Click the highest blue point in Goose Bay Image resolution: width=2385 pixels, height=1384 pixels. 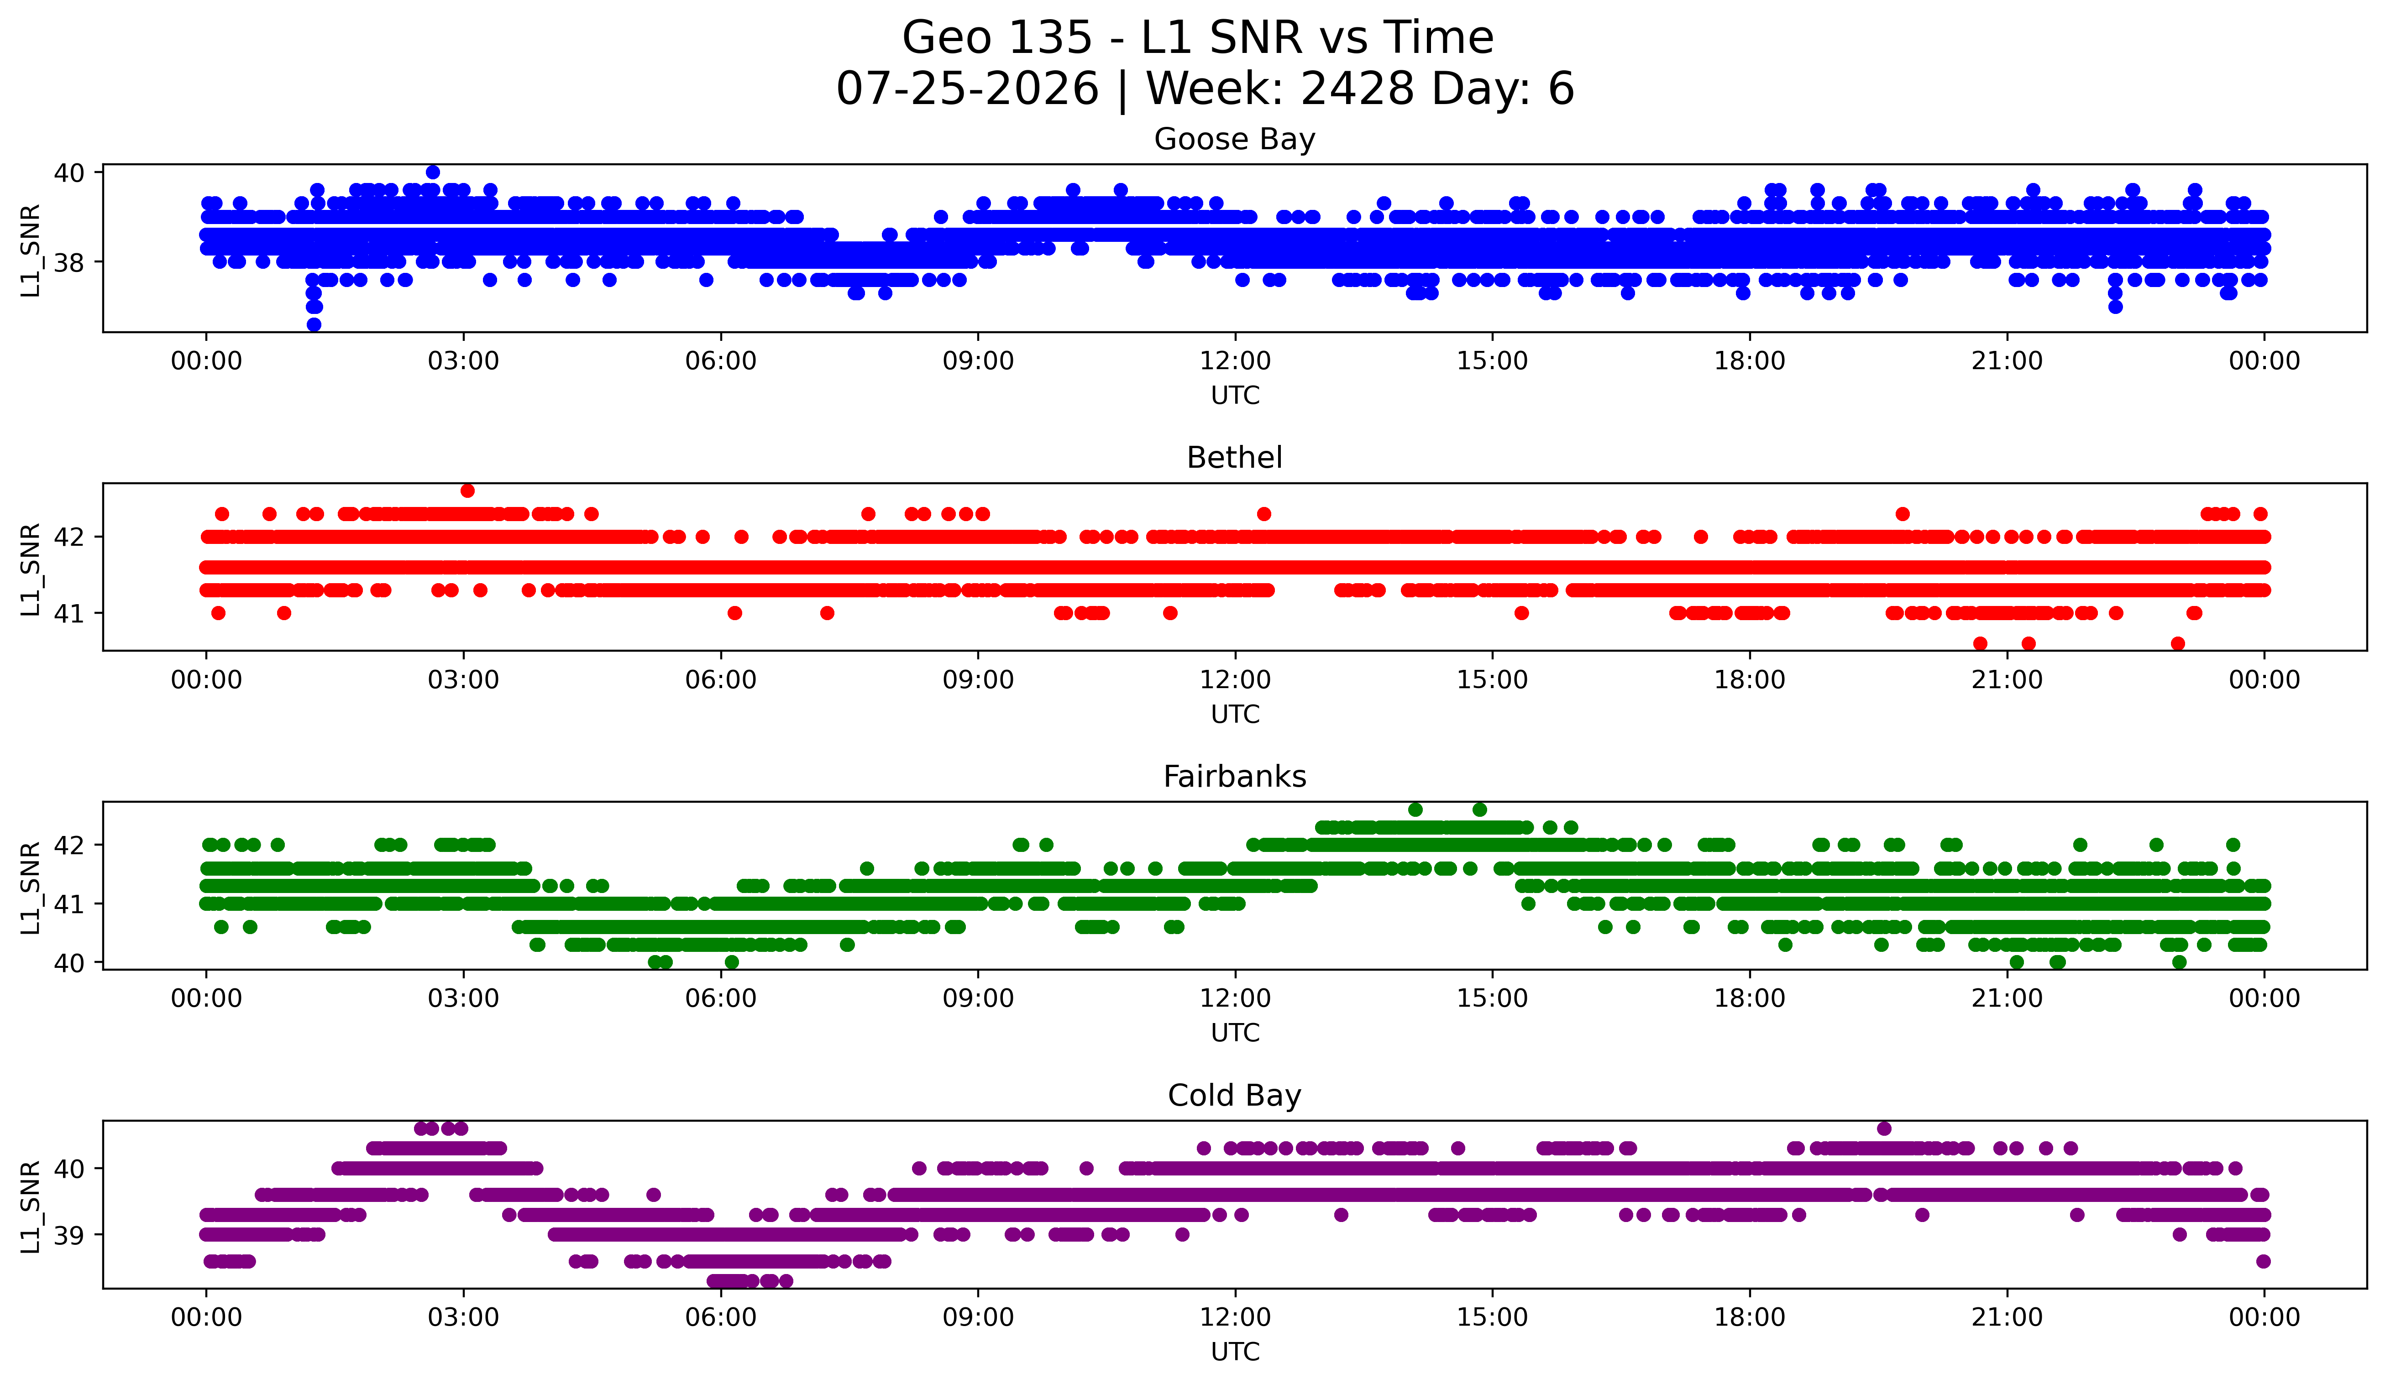(x=433, y=172)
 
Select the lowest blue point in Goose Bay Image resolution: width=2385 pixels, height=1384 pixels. (x=314, y=324)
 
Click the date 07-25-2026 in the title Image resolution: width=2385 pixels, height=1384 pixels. (x=967, y=89)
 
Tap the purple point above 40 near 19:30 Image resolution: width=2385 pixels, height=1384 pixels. (x=1884, y=1128)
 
